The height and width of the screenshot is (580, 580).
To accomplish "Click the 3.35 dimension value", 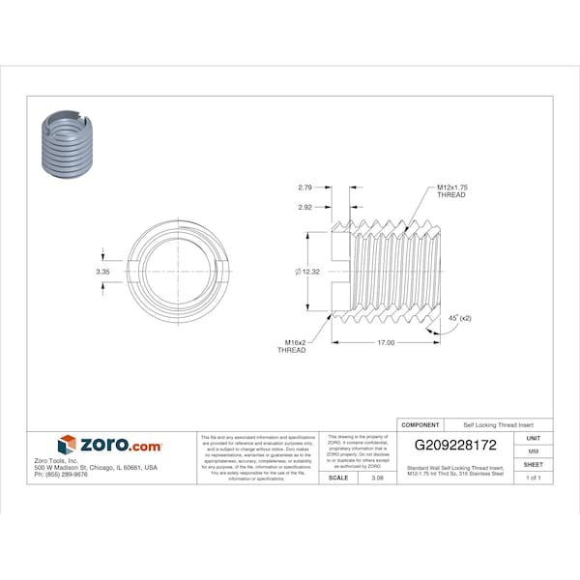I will (102, 273).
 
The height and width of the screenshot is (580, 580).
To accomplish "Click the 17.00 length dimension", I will (384, 341).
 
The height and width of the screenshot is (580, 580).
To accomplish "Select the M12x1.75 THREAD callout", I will (450, 190).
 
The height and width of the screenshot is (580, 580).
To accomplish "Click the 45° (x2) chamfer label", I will (460, 317).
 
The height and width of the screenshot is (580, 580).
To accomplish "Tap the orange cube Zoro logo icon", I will (67, 445).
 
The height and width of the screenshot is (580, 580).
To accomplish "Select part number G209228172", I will (455, 446).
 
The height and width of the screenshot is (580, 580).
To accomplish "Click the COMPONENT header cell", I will (420, 424).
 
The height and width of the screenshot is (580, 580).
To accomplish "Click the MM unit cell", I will (534, 451).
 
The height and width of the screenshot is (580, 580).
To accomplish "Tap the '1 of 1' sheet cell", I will (534, 478).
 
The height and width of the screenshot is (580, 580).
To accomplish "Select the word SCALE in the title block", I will (338, 478).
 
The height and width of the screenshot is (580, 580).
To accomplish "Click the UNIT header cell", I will (534, 438).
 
